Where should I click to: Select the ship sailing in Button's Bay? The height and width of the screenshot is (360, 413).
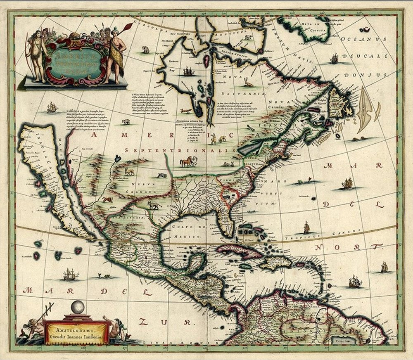[x=188, y=71]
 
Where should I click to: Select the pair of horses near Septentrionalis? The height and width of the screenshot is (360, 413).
[x=188, y=161]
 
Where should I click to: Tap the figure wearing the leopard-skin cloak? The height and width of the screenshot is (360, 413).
[x=114, y=54]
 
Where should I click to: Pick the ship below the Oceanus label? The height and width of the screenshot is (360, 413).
[x=334, y=59]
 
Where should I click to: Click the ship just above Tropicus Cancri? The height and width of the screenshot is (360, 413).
[x=306, y=227]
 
